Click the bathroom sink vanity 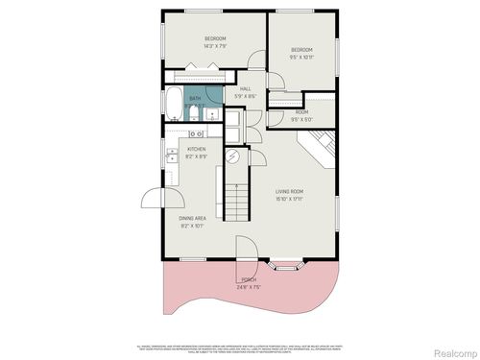coord(209,116)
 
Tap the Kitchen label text coord(196,149)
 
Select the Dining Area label coord(192,219)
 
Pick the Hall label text coord(245,88)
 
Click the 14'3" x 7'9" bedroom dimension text coord(213,45)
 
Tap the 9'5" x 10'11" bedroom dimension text coord(301,57)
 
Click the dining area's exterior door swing coord(154,200)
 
